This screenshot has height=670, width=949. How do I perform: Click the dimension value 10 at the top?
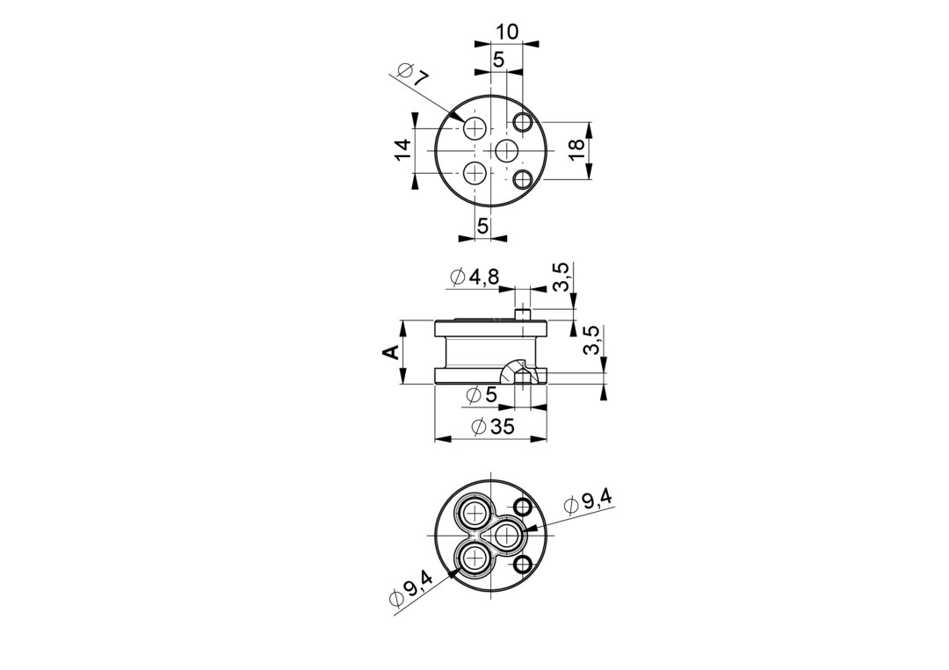pos(507,32)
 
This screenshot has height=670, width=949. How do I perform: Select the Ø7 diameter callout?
pos(413,74)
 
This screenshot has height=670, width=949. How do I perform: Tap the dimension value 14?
pos(402,149)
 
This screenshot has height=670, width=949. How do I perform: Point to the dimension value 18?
pos(576,149)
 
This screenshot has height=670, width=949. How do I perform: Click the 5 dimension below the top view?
pos(482,226)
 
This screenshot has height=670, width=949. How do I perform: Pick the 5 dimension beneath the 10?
pos(499,59)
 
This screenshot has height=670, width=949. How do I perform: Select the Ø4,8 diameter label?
pos(474,277)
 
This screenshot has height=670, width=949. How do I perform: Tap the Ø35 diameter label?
pos(492,426)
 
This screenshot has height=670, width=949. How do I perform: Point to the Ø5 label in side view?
pos(482,395)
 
